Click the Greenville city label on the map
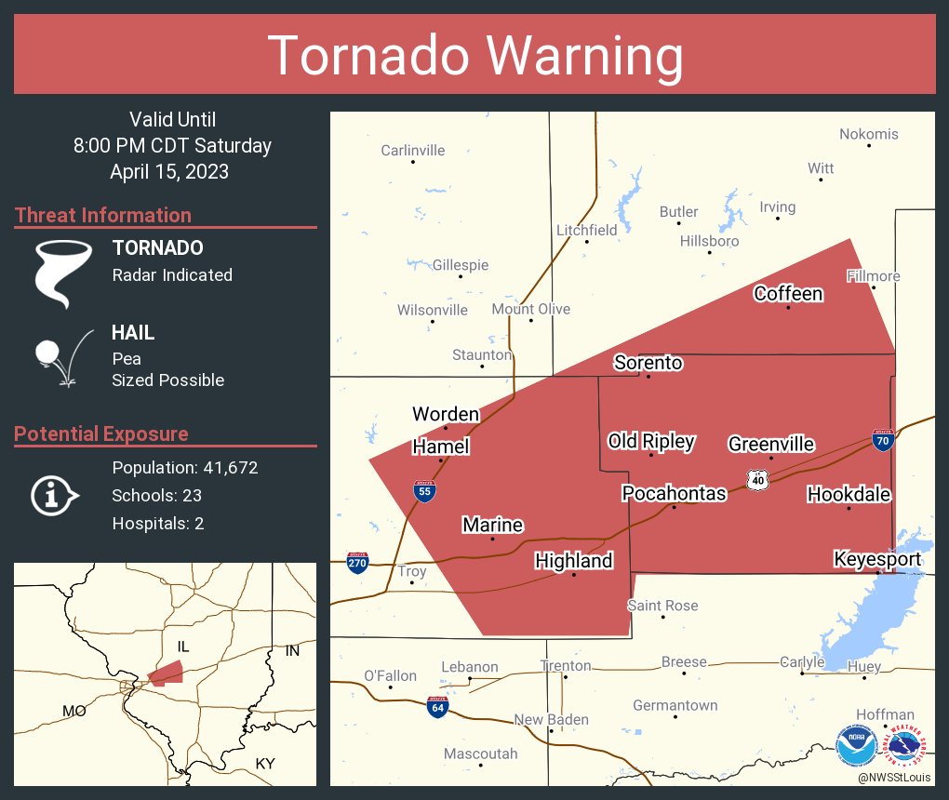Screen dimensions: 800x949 (x=771, y=445)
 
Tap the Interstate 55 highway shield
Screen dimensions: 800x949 (x=424, y=490)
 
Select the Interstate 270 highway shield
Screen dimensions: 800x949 (x=358, y=563)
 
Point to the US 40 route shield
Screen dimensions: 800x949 (x=758, y=479)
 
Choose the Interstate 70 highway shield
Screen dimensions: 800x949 (x=883, y=440)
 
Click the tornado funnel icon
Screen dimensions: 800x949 (x=62, y=273)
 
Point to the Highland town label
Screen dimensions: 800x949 (x=573, y=560)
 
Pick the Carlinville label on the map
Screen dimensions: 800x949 (x=413, y=150)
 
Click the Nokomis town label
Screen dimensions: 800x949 (x=869, y=134)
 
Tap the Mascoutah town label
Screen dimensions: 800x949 (x=480, y=753)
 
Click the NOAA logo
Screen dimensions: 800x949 (x=856, y=746)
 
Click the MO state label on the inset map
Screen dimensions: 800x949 (x=74, y=711)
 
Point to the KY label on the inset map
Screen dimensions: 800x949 (x=265, y=764)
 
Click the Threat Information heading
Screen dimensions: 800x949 (x=103, y=215)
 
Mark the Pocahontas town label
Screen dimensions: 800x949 (x=674, y=493)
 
